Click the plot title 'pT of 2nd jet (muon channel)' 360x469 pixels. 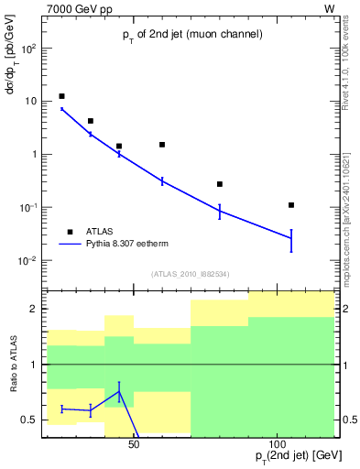192,35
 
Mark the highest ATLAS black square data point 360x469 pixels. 61,96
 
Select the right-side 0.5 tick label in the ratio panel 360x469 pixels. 347,420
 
